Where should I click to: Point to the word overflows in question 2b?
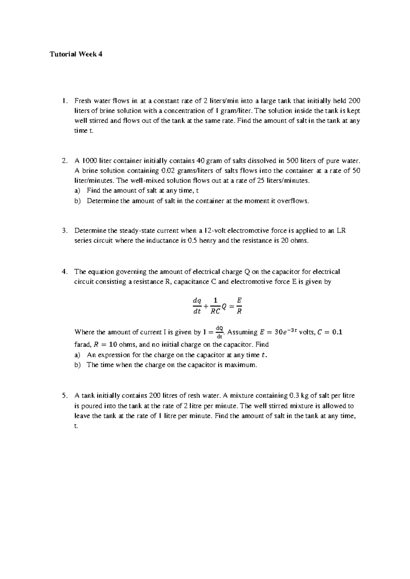point(292,201)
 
